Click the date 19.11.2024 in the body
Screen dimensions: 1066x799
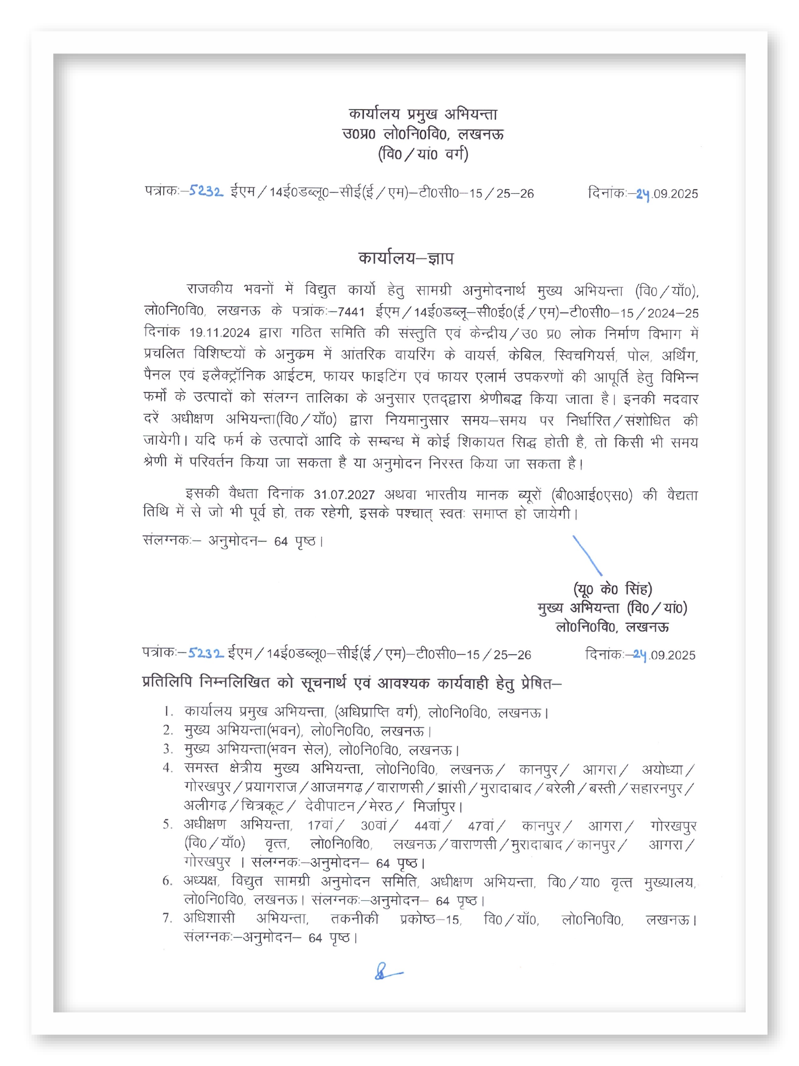(219, 333)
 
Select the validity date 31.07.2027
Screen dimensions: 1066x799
(344, 494)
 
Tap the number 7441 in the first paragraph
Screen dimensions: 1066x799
(351, 312)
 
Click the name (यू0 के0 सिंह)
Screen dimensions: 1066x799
(612, 589)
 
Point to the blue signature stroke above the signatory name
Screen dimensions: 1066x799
(587, 556)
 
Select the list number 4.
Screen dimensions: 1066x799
(168, 768)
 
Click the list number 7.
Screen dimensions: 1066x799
(168, 918)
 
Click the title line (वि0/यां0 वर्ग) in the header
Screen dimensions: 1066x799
(423, 154)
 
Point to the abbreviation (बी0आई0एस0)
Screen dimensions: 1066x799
(591, 495)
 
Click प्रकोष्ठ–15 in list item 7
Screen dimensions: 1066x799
(430, 919)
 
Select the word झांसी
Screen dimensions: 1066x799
(451, 788)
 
